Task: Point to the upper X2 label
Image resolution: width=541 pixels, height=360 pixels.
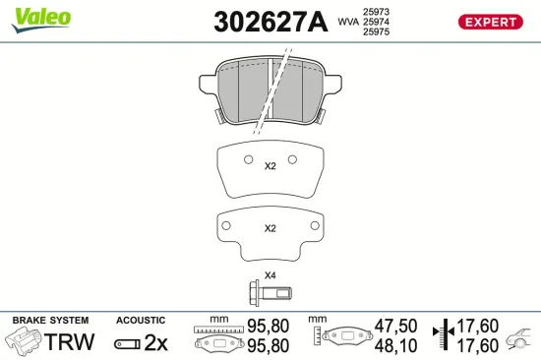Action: [x=270, y=166]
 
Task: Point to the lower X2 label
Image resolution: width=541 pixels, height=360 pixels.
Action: [x=270, y=228]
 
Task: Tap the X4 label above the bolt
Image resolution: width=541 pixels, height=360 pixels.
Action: [x=270, y=274]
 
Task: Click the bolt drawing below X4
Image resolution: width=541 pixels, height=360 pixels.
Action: [x=269, y=291]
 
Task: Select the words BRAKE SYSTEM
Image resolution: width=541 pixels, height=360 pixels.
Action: [x=50, y=321]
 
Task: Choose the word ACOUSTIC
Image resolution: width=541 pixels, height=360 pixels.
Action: [x=141, y=321]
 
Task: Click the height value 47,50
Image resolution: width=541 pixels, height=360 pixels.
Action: [x=396, y=324]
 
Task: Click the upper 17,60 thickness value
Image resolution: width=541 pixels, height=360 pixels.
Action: [x=477, y=324]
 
